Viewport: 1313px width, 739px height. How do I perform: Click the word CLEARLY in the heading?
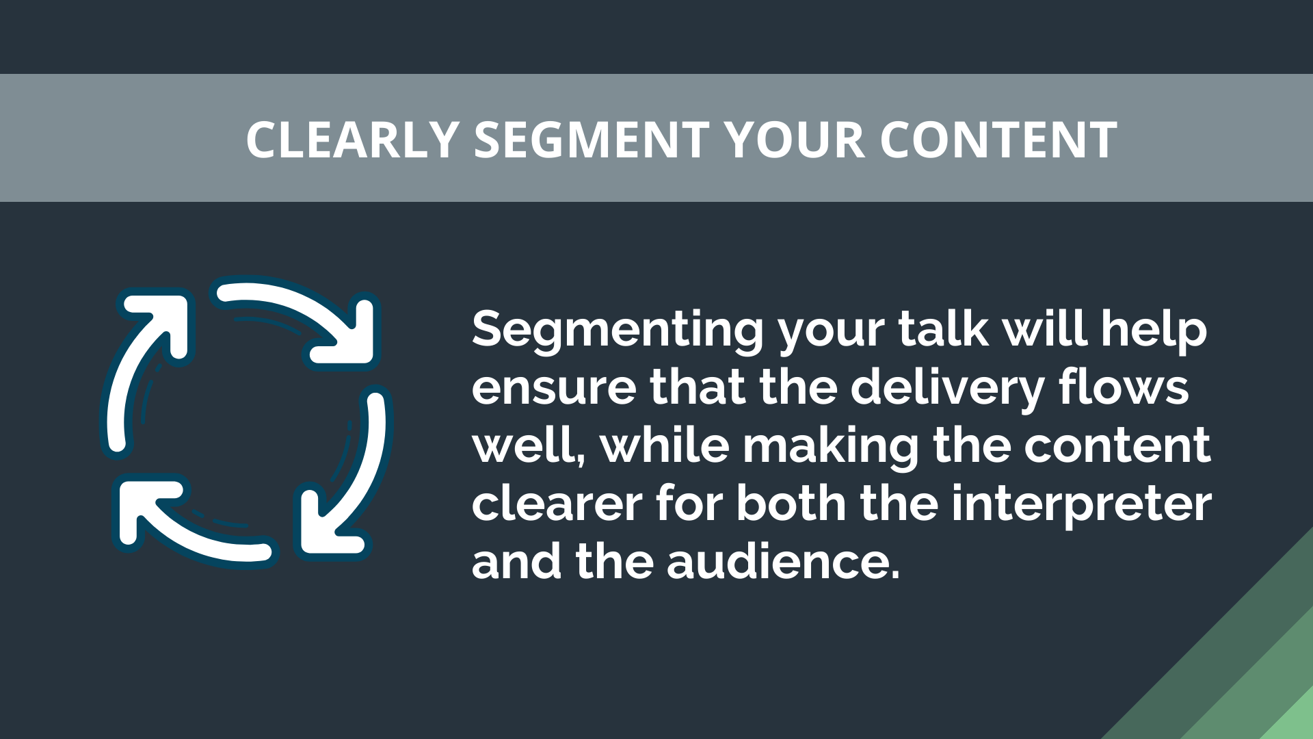[x=352, y=140]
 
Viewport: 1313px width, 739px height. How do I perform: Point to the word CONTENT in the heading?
[x=998, y=140]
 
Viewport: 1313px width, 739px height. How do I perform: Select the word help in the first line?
[x=1154, y=330]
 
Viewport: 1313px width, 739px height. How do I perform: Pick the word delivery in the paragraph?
[x=947, y=388]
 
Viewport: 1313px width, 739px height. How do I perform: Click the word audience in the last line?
[x=782, y=562]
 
